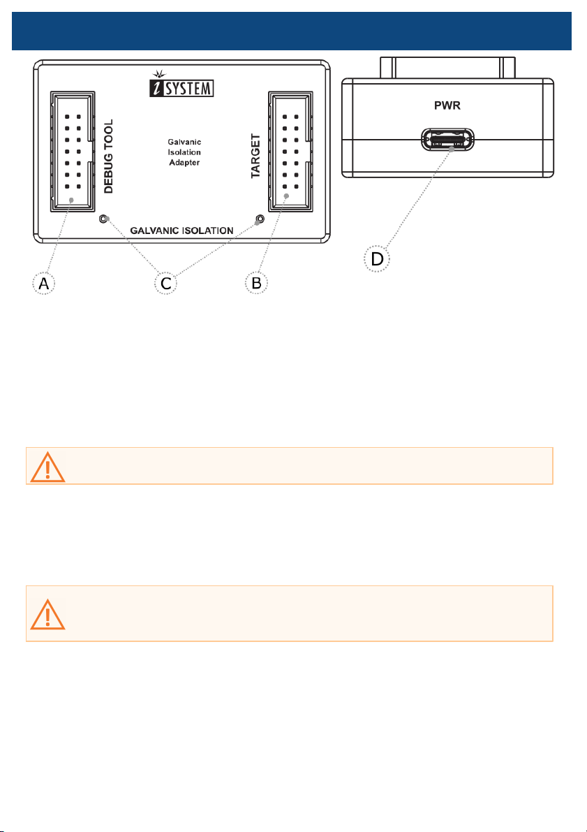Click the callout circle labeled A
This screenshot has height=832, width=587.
pyautogui.click(x=44, y=284)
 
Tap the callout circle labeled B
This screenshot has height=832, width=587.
pyautogui.click(x=257, y=284)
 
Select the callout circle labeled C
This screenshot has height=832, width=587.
pyautogui.click(x=165, y=284)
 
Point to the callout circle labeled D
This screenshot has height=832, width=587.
pyautogui.click(x=377, y=259)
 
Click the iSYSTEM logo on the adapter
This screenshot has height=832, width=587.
pyautogui.click(x=185, y=87)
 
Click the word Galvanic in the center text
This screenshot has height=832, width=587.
pyautogui.click(x=185, y=142)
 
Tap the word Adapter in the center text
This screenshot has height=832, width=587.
pyautogui.click(x=185, y=163)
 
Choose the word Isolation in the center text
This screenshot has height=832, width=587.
pyautogui.click(x=185, y=152)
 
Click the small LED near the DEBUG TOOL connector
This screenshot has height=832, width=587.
pyautogui.click(x=103, y=219)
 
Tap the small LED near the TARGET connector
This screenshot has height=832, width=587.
pyautogui.click(x=260, y=219)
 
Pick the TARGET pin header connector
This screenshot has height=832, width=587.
pyautogui.click(x=290, y=151)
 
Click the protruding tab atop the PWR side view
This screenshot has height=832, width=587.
pyautogui.click(x=447, y=68)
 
